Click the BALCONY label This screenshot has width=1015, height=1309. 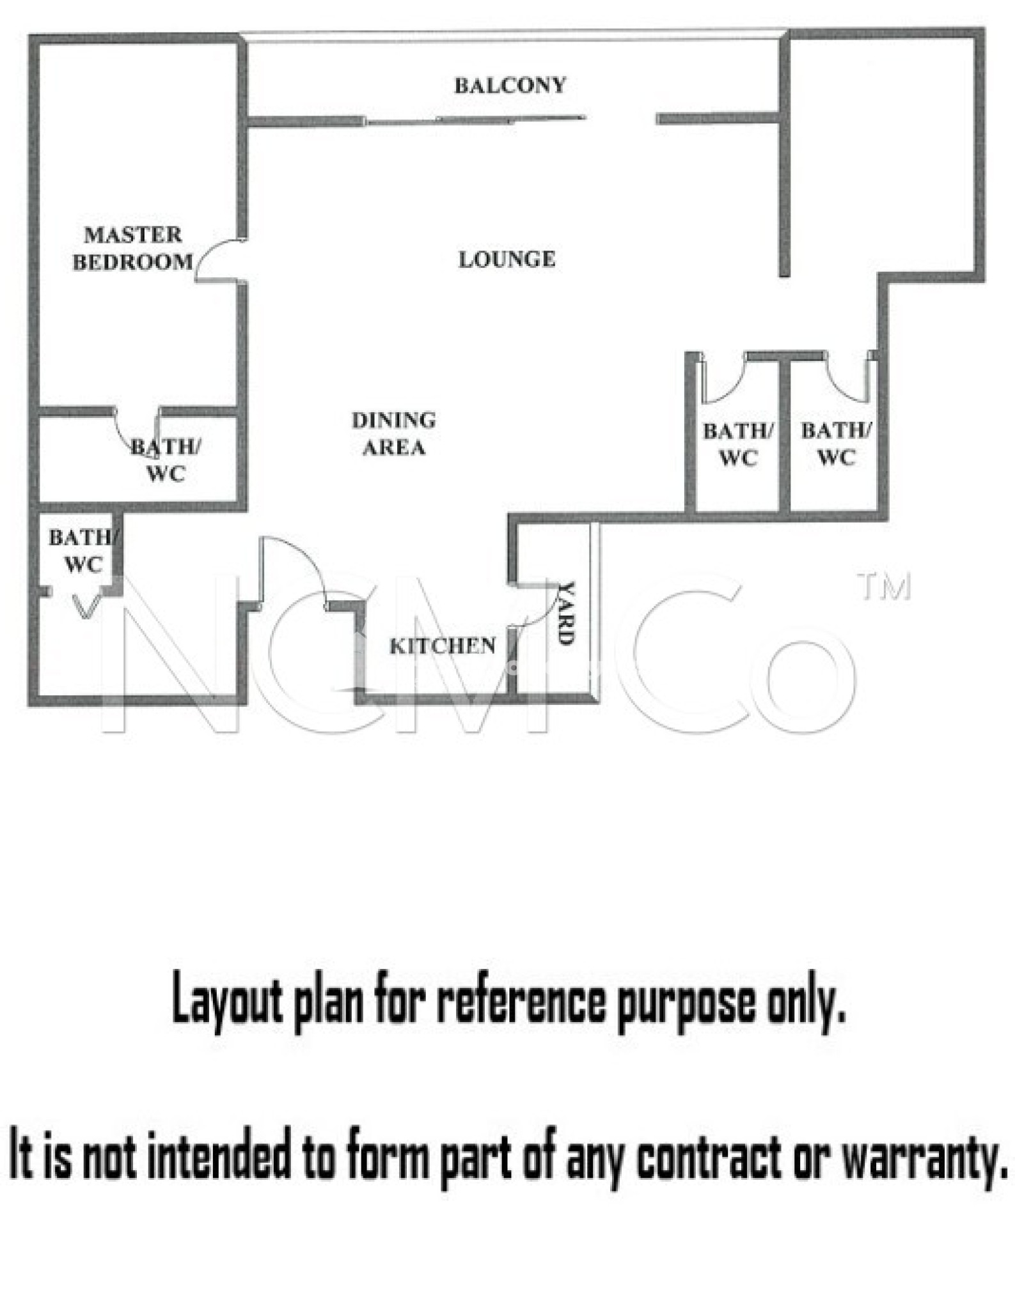(510, 85)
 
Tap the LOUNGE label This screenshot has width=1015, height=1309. (507, 259)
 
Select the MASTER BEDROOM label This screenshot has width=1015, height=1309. (132, 248)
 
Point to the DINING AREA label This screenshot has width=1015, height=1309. (393, 433)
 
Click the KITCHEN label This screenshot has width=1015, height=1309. (443, 646)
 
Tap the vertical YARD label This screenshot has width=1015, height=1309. (566, 613)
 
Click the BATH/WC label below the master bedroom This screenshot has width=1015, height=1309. (166, 460)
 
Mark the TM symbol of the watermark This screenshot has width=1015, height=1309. (885, 587)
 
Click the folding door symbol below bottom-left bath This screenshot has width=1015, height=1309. (87, 607)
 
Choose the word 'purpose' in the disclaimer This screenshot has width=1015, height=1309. (685, 1003)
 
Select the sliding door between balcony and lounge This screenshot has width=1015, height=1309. (475, 120)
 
